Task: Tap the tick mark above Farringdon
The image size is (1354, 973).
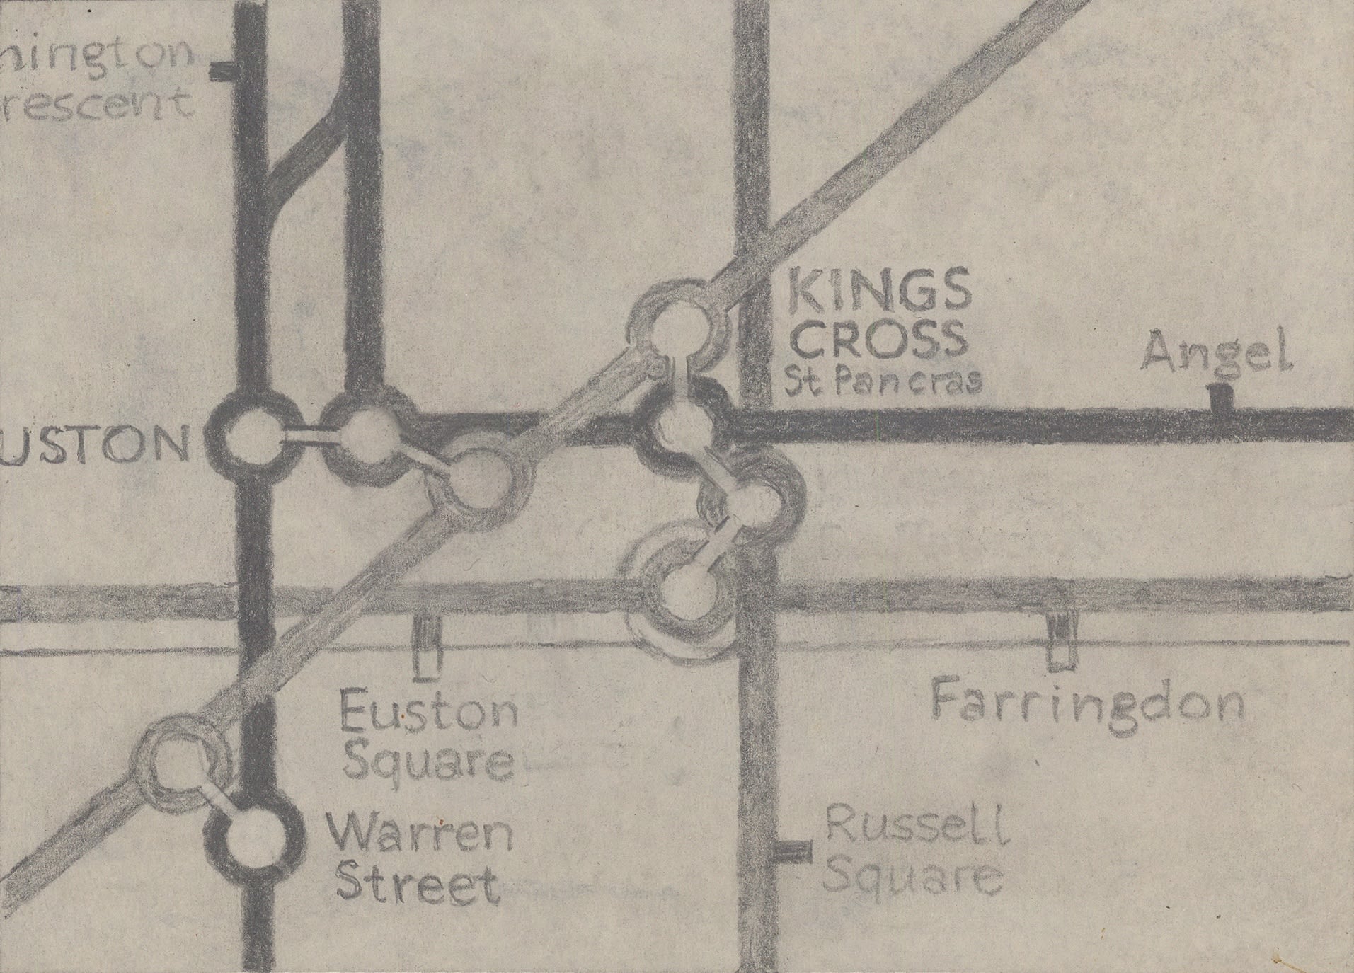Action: click(x=1058, y=640)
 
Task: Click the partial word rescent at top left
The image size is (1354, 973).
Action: click(x=96, y=104)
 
